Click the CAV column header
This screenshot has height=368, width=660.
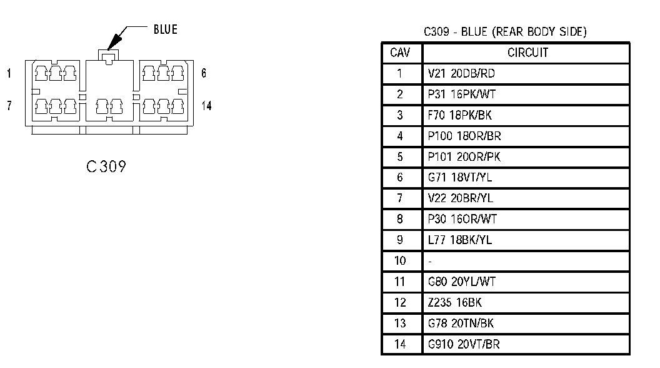(400, 53)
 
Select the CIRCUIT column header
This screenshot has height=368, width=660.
(527, 53)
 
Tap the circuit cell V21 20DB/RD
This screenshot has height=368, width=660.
(461, 73)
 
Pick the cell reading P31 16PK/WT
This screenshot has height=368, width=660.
(462, 95)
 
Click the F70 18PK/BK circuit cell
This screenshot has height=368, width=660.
(461, 115)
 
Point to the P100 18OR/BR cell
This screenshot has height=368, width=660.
(465, 136)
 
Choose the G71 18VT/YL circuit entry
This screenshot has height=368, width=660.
(460, 178)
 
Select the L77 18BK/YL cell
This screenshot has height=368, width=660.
(459, 240)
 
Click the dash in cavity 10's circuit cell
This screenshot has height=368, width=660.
(430, 261)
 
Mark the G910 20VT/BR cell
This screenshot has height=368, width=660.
(464, 344)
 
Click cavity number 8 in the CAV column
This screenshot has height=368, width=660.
(400, 219)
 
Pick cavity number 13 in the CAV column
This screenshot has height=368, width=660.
(400, 324)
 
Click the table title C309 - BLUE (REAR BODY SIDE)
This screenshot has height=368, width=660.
(505, 32)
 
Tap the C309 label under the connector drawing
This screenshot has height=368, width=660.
(106, 166)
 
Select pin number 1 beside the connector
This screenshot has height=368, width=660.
(9, 74)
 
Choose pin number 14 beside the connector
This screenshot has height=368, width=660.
(206, 106)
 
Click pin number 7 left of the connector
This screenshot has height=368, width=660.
(9, 105)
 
